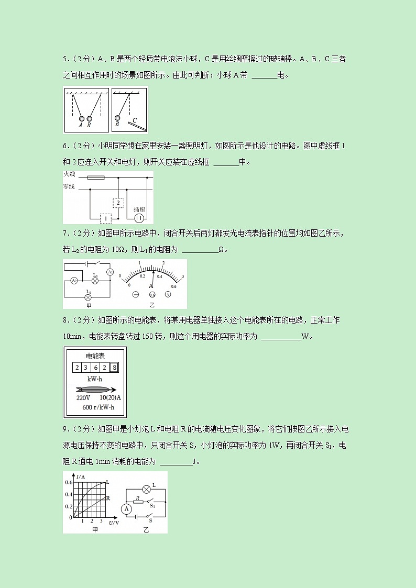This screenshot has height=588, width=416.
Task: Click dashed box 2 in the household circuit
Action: [x=119, y=203]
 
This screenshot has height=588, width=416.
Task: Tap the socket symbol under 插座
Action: [x=139, y=218]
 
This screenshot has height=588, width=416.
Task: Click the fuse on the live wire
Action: [x=95, y=177]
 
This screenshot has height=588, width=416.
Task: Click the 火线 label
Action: [x=69, y=174]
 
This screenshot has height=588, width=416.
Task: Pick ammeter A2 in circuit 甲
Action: [x=74, y=281]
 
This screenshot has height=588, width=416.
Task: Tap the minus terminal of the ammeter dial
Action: [x=135, y=295]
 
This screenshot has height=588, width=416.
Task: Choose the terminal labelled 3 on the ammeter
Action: [x=168, y=295]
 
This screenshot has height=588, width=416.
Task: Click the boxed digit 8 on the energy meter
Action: [x=114, y=368]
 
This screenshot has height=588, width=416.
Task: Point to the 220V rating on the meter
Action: [x=84, y=397]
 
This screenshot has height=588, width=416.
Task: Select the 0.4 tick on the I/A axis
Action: [x=69, y=494]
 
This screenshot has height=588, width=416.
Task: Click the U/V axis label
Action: [x=114, y=523]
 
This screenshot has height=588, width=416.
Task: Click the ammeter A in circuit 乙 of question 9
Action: [x=126, y=508]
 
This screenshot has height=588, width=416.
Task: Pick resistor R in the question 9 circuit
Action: [x=137, y=501]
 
